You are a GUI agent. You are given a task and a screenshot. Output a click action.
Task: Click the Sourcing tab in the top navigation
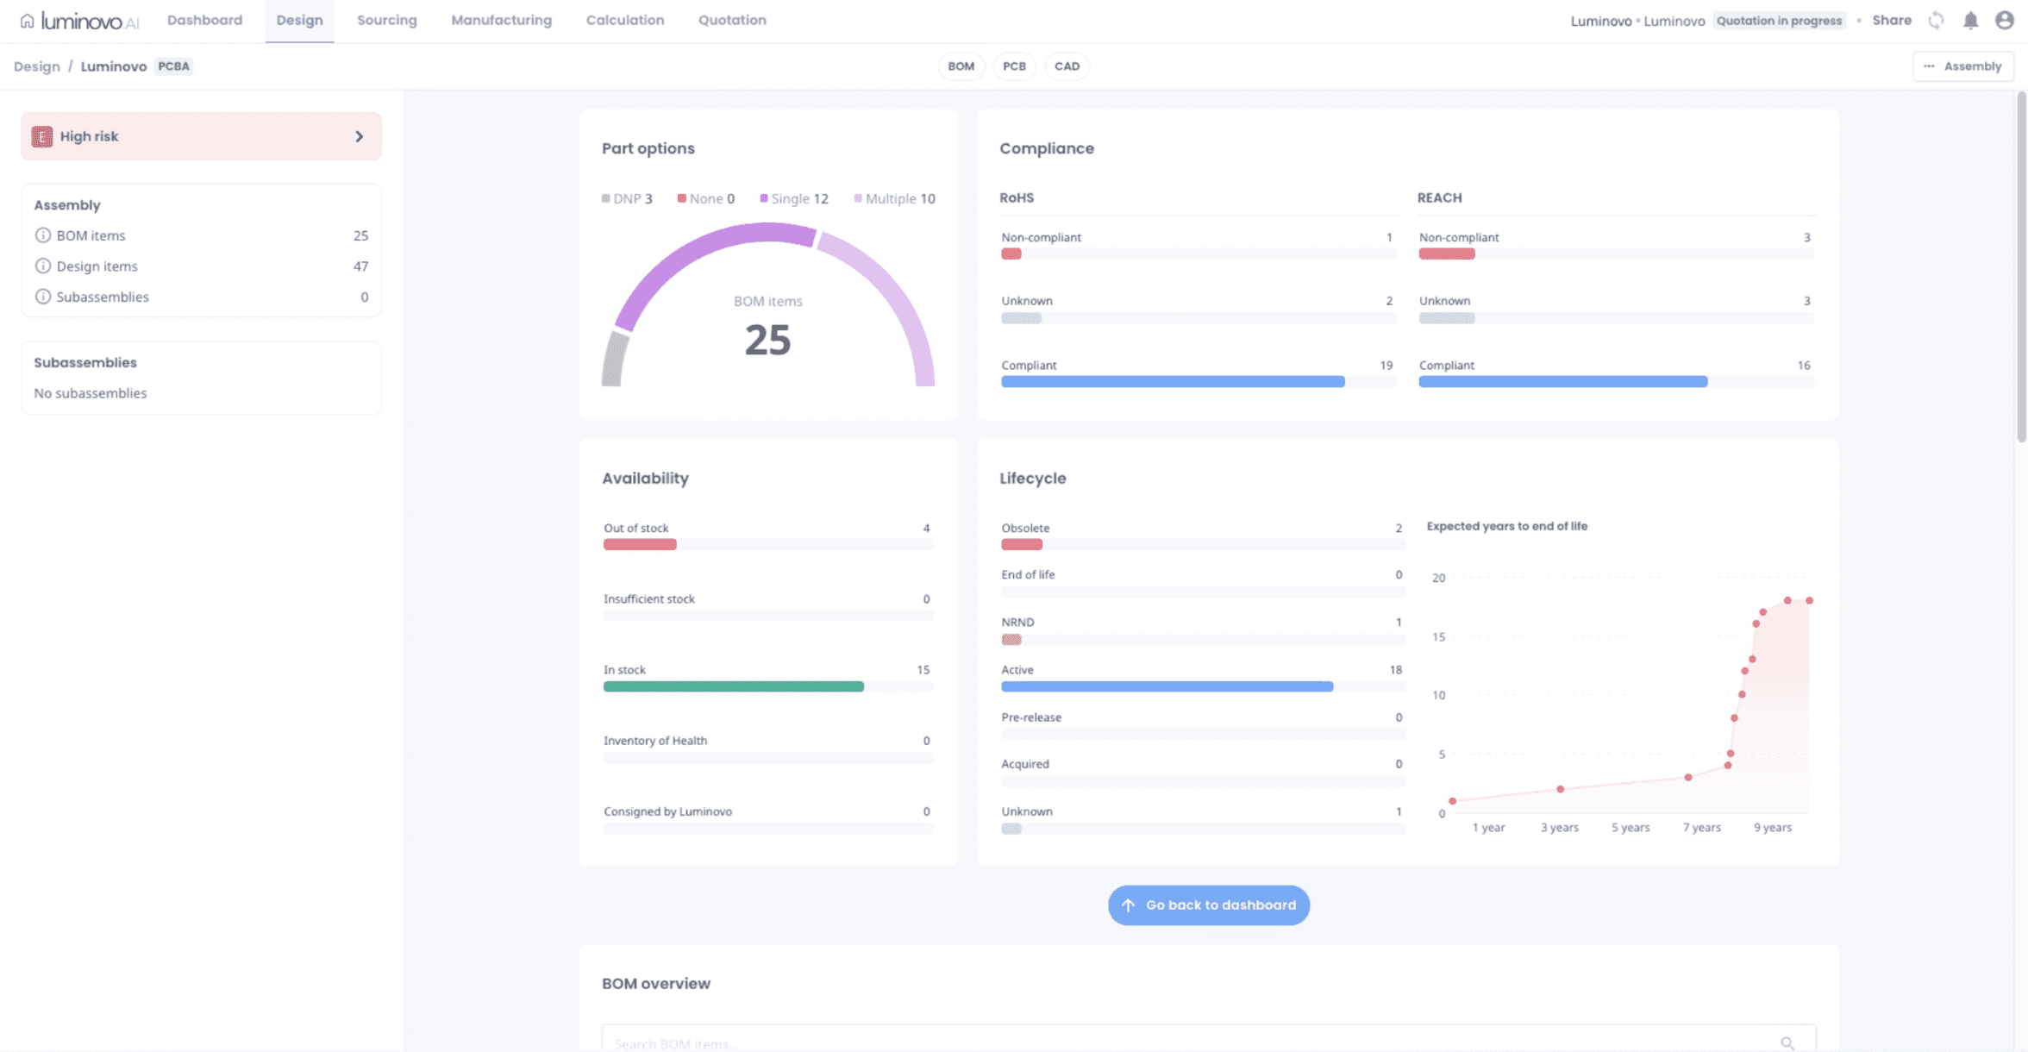pos(386,21)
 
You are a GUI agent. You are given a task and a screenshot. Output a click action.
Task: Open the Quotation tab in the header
pos(732,21)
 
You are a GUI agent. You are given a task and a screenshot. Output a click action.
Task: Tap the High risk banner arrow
pos(360,136)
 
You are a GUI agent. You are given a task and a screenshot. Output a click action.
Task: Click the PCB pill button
pos(1014,66)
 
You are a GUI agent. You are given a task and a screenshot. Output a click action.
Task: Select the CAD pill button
pos(1067,66)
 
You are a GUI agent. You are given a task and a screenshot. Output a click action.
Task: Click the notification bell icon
pos(1970,21)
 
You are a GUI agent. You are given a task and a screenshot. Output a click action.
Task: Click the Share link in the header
pos(1891,21)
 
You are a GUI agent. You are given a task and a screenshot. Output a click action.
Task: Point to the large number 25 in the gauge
pos(767,340)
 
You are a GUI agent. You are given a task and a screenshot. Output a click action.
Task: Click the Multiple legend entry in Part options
pos(895,198)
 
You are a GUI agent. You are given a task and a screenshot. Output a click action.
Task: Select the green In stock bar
pos(733,686)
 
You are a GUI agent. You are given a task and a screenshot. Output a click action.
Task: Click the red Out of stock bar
pos(640,545)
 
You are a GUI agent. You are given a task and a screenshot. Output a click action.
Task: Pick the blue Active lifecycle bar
pos(1167,686)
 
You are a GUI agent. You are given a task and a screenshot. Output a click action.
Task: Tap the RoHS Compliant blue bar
pos(1173,382)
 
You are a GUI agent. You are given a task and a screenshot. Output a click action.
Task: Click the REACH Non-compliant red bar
pos(1447,254)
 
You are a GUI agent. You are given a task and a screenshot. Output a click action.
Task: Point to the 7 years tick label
pos(1701,828)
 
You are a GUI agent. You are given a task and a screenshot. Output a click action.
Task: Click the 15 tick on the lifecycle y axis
pos(1438,637)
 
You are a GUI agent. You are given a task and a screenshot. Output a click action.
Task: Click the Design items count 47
pos(360,266)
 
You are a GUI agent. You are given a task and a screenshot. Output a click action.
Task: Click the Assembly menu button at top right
pos(1963,66)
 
